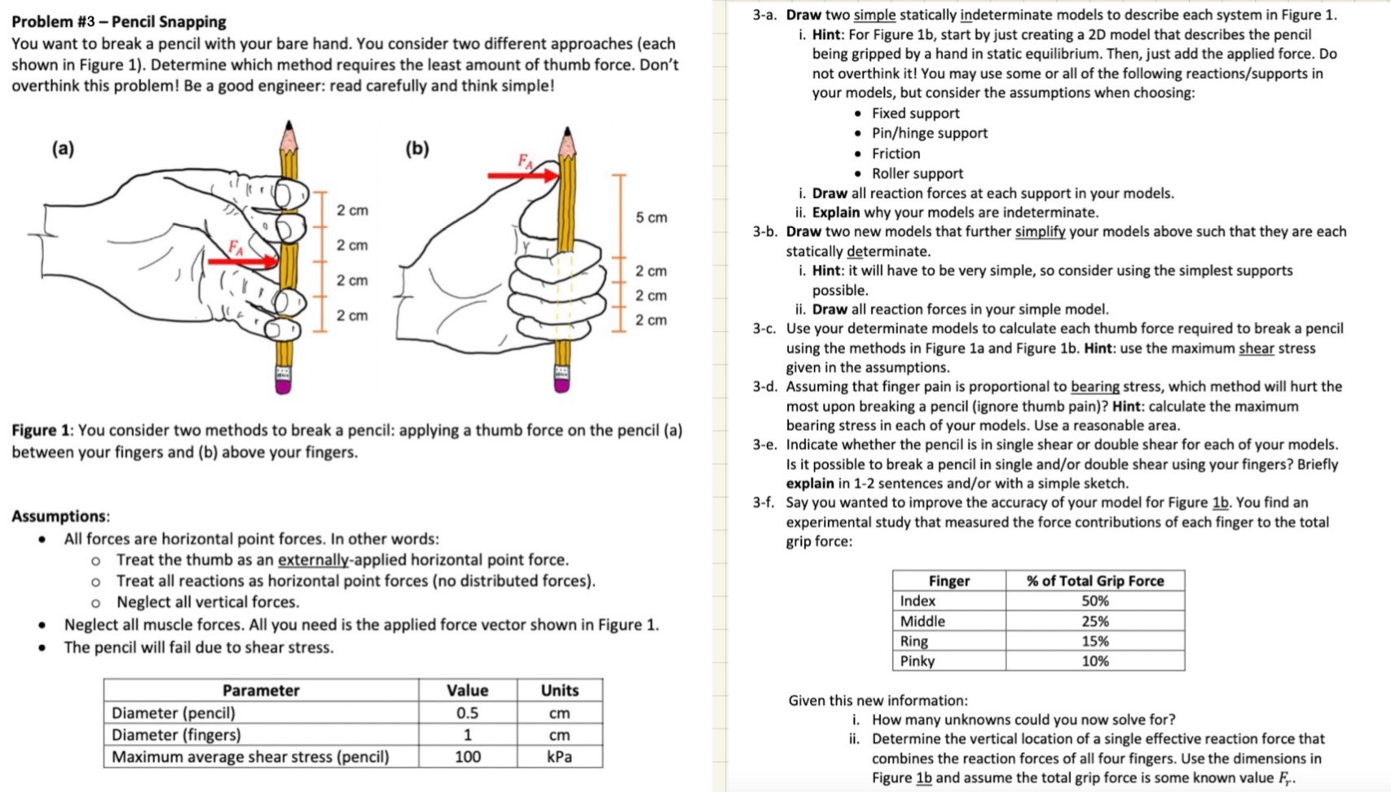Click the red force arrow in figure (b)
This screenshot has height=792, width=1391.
(x=522, y=174)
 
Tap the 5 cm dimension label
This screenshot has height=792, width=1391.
(x=651, y=218)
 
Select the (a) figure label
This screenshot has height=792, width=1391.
(x=63, y=148)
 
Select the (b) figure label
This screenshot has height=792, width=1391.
(x=417, y=148)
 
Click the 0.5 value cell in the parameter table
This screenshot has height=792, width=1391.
(x=467, y=713)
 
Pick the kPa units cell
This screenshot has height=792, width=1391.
(x=559, y=757)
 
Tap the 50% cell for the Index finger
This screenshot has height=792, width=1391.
(x=1094, y=601)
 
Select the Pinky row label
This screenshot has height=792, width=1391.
(x=918, y=661)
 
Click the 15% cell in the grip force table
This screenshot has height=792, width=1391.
(x=1094, y=641)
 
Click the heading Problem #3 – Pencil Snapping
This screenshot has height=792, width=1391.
(x=119, y=21)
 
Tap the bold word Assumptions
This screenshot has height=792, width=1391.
(x=60, y=516)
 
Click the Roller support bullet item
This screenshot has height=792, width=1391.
(x=917, y=174)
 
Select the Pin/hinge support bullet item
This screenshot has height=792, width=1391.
(x=929, y=133)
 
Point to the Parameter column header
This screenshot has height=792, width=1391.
(x=261, y=690)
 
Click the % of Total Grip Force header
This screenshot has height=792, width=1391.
(x=1094, y=580)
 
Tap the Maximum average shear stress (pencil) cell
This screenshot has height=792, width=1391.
(x=250, y=757)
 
